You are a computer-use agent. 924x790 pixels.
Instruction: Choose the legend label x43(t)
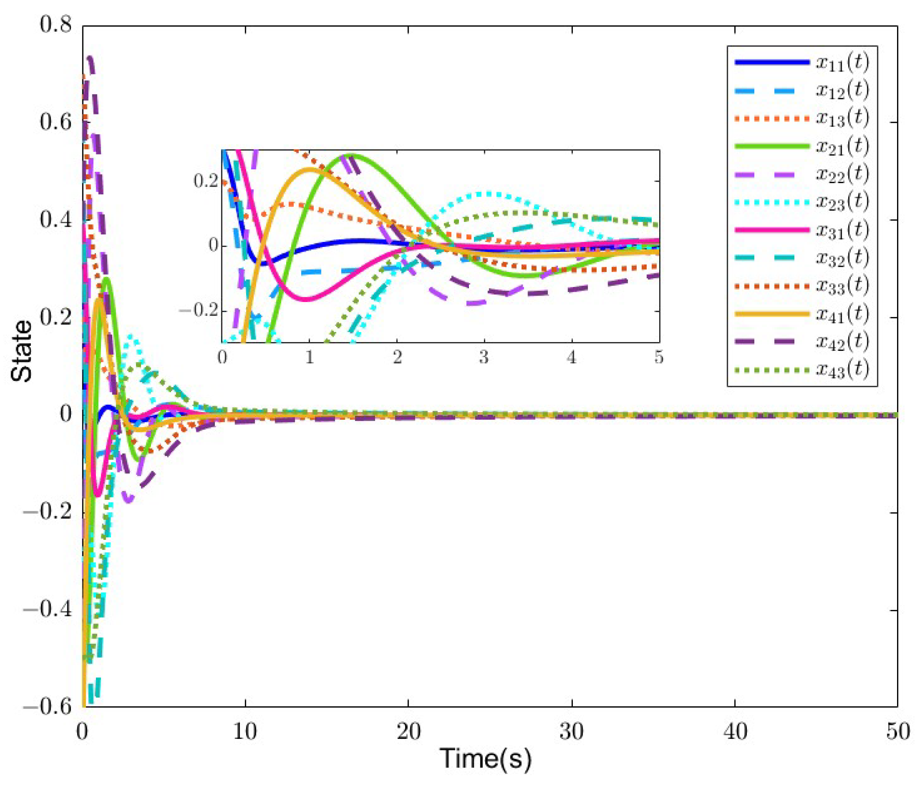click(x=842, y=369)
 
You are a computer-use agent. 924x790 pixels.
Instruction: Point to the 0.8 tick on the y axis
click(x=55, y=25)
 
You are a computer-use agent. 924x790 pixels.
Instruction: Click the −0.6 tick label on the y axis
click(x=47, y=707)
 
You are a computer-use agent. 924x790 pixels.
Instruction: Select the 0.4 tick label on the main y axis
click(x=55, y=219)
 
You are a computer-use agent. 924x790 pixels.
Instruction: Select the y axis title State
click(x=21, y=351)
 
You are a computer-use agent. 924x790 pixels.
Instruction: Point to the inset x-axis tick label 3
click(x=484, y=358)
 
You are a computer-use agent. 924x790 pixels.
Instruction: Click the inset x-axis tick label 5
click(x=659, y=358)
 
